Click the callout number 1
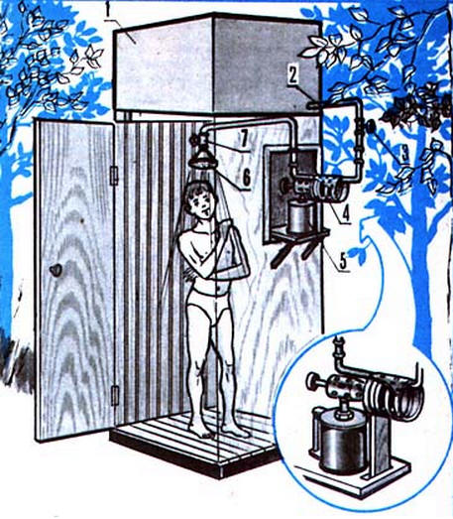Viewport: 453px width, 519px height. pyautogui.click(x=108, y=10)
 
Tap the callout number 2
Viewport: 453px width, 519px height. pyautogui.click(x=293, y=75)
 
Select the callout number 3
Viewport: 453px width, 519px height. pyautogui.click(x=405, y=153)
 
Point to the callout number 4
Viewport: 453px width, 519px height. pyautogui.click(x=345, y=213)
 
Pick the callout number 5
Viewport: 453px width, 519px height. pyautogui.click(x=343, y=261)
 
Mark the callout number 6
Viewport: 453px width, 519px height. pyautogui.click(x=247, y=179)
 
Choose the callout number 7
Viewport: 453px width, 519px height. pyautogui.click(x=244, y=140)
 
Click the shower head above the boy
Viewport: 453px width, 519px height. pyautogui.click(x=202, y=159)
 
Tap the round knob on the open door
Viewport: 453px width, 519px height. pyautogui.click(x=56, y=270)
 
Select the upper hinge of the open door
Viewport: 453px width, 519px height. pyautogui.click(x=114, y=176)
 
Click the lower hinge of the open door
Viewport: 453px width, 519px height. pyautogui.click(x=114, y=395)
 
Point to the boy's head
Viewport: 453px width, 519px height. pyautogui.click(x=199, y=200)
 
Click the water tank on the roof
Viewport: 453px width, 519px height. pyautogui.click(x=217, y=65)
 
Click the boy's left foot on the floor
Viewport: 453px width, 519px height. pyautogui.click(x=237, y=431)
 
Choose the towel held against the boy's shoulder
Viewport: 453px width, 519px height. pyautogui.click(x=232, y=246)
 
